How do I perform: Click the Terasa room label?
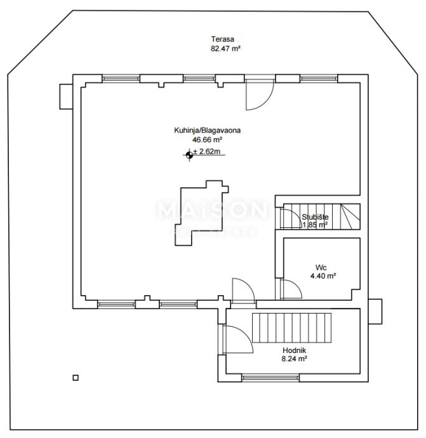(x=218, y=39)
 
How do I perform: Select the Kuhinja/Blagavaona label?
(x=207, y=130)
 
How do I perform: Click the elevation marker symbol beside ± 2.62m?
(x=189, y=153)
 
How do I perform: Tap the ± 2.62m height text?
(x=208, y=152)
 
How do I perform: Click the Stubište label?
(x=315, y=216)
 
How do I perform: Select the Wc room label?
(x=322, y=267)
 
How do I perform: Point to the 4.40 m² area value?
(x=323, y=275)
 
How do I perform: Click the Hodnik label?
(x=294, y=350)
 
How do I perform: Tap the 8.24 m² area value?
(x=295, y=359)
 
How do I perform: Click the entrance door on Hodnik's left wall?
(x=235, y=339)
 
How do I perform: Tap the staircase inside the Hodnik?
(x=293, y=327)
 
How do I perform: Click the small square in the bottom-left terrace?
(x=76, y=378)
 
